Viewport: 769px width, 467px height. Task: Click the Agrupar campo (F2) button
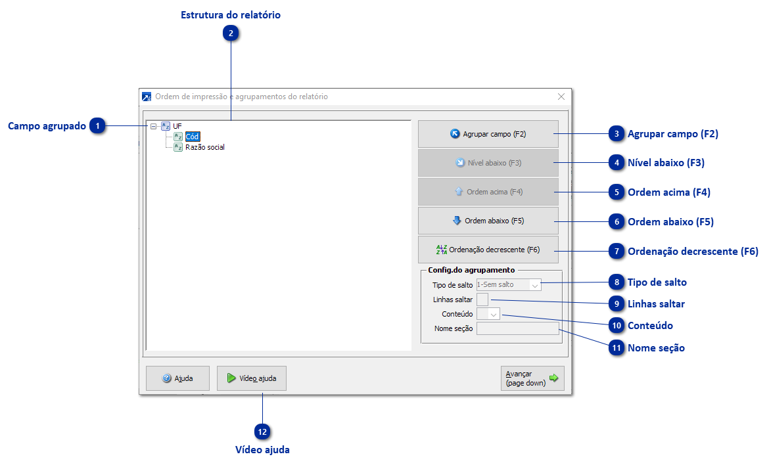click(x=488, y=134)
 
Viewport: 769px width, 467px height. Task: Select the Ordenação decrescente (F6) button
click(x=488, y=250)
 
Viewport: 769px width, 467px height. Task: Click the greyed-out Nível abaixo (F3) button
click(x=488, y=163)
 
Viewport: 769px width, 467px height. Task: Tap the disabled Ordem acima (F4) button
click(x=488, y=192)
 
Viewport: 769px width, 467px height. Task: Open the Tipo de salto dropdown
click(x=509, y=285)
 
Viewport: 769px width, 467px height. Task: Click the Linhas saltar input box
click(x=482, y=300)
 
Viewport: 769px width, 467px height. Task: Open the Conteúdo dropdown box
click(x=488, y=314)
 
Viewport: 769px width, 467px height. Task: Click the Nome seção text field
click(x=517, y=328)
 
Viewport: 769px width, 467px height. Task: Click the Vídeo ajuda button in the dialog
click(x=251, y=378)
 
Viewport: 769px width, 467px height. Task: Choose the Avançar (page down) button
click(x=532, y=378)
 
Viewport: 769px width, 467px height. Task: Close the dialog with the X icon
click(x=561, y=97)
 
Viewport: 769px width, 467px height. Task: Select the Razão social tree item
click(x=205, y=147)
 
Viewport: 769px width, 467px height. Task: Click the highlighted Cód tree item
click(x=192, y=137)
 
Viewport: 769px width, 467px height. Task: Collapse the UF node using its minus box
click(x=153, y=126)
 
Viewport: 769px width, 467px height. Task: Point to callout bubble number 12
click(x=263, y=432)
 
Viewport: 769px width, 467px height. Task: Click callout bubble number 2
click(x=231, y=33)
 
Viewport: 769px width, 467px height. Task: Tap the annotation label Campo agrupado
click(x=47, y=126)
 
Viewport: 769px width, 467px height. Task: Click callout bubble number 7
click(x=616, y=252)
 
